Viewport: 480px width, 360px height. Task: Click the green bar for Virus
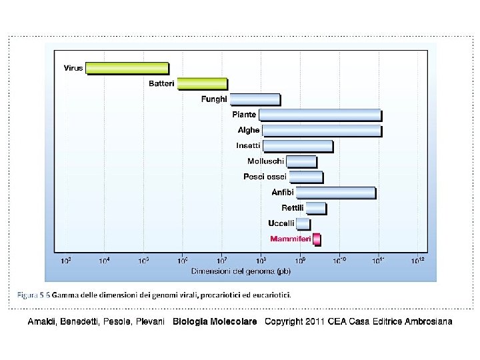click(x=127, y=68)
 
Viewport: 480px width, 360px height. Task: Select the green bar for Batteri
click(x=202, y=84)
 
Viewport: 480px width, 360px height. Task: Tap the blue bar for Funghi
click(x=255, y=99)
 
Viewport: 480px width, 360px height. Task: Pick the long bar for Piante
click(x=320, y=115)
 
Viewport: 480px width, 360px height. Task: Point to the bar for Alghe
click(x=322, y=130)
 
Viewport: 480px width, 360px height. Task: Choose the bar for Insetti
click(x=297, y=146)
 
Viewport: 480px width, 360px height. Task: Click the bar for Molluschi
click(x=301, y=161)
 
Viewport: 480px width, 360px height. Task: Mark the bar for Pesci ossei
click(x=305, y=177)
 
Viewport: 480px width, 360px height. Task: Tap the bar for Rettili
click(x=316, y=208)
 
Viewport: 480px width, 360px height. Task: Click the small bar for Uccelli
click(x=303, y=223)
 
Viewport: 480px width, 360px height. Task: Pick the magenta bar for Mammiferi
click(x=317, y=239)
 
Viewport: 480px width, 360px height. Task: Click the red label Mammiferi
click(x=290, y=239)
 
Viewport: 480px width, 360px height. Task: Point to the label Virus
click(x=73, y=68)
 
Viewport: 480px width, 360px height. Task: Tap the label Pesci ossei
click(x=265, y=177)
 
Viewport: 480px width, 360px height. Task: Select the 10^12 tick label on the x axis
click(x=417, y=261)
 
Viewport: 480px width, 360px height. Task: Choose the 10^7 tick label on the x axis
click(x=222, y=261)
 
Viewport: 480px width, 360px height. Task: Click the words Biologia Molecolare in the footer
click(x=215, y=322)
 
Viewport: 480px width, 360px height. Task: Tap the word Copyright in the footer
click(x=285, y=322)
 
